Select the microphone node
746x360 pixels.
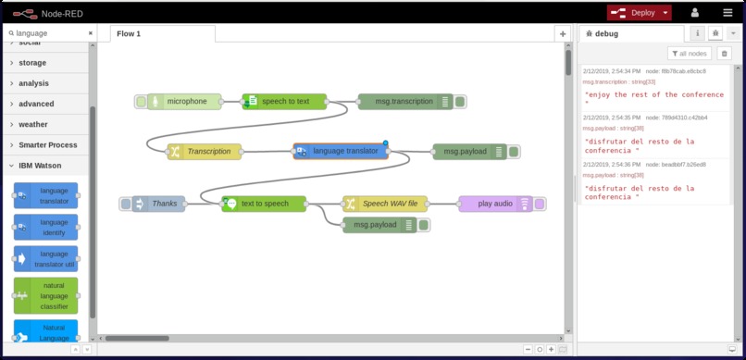point(186,101)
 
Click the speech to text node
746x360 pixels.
point(284,101)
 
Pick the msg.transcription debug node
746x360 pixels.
point(397,101)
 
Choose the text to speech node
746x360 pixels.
point(264,203)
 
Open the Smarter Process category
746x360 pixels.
point(48,145)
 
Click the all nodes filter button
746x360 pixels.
point(690,54)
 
